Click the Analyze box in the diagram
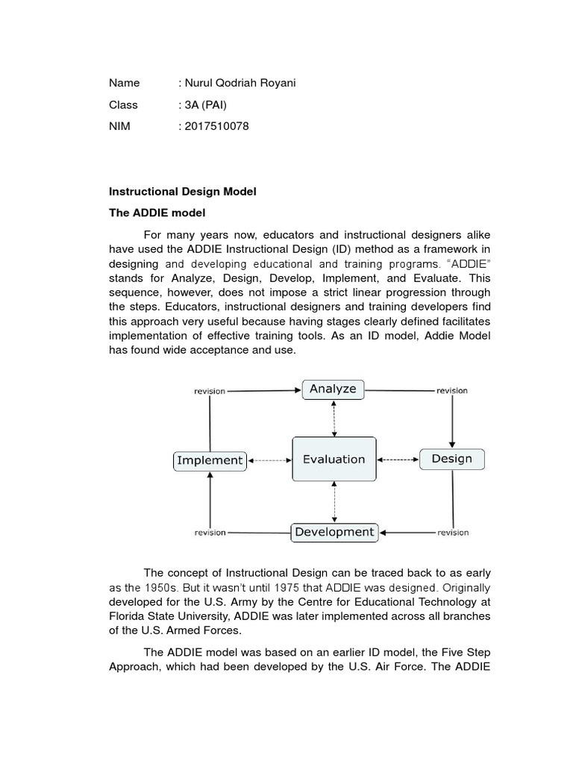pyautogui.click(x=334, y=389)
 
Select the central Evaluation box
pyautogui.click(x=334, y=460)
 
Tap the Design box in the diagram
pyautogui.click(x=451, y=459)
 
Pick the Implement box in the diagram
pyautogui.click(x=210, y=460)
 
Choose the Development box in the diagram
pyautogui.click(x=334, y=532)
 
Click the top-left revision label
pyautogui.click(x=210, y=390)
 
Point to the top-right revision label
pyautogui.click(x=452, y=390)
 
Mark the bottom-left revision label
pyautogui.click(x=210, y=533)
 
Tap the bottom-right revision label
pyautogui.click(x=453, y=533)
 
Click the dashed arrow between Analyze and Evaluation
pyautogui.click(x=334, y=417)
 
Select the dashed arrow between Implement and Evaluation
pyautogui.click(x=269, y=460)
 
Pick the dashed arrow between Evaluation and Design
pyautogui.click(x=398, y=460)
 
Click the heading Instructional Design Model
pyautogui.click(x=183, y=192)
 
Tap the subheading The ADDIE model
pyautogui.click(x=157, y=213)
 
